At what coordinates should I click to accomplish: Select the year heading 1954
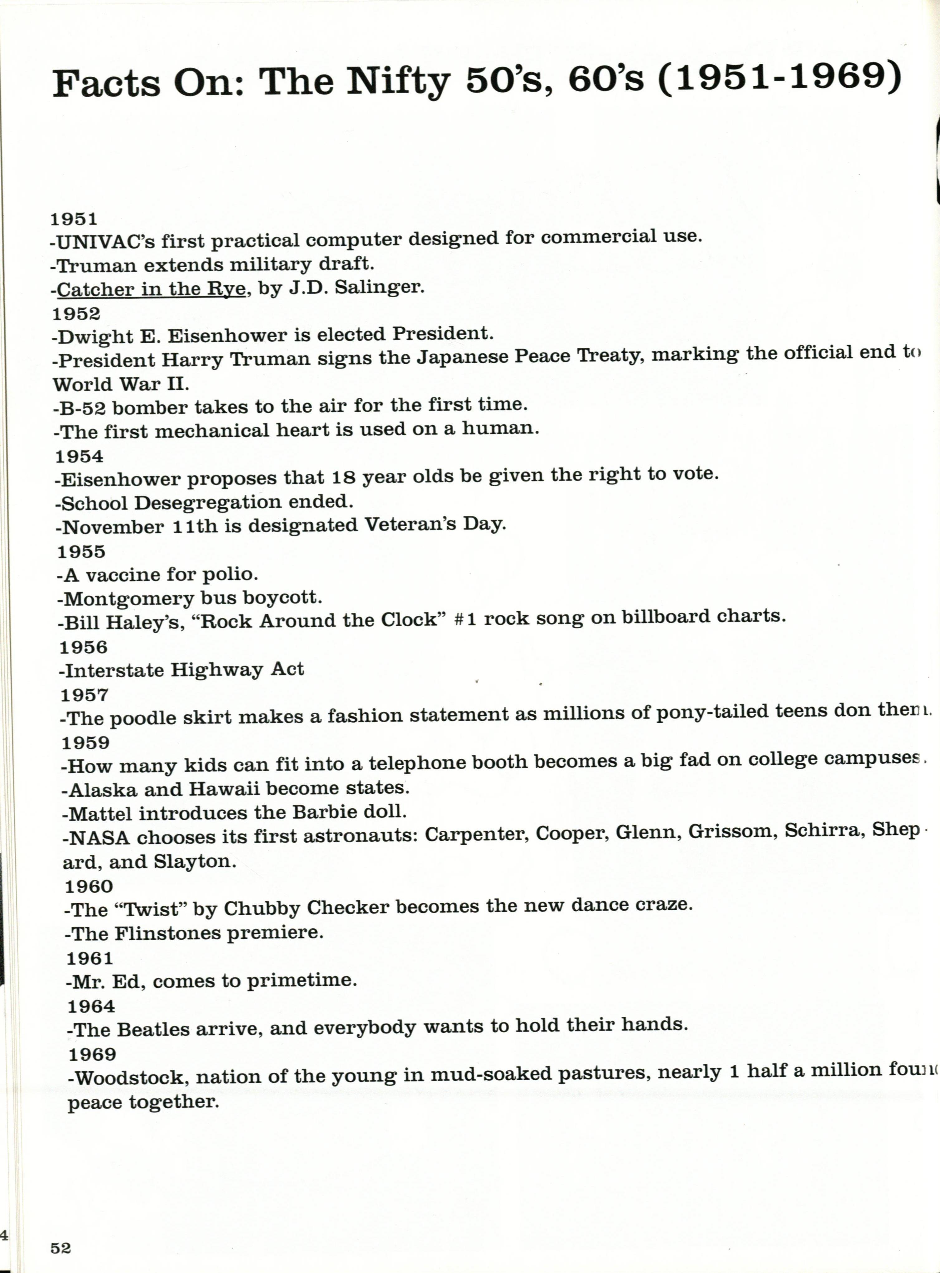click(79, 456)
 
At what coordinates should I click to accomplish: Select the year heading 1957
click(84, 695)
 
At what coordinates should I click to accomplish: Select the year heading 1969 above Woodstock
click(92, 1054)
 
